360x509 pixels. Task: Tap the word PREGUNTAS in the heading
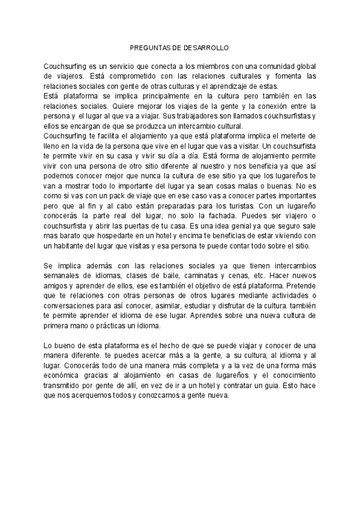point(153,47)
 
